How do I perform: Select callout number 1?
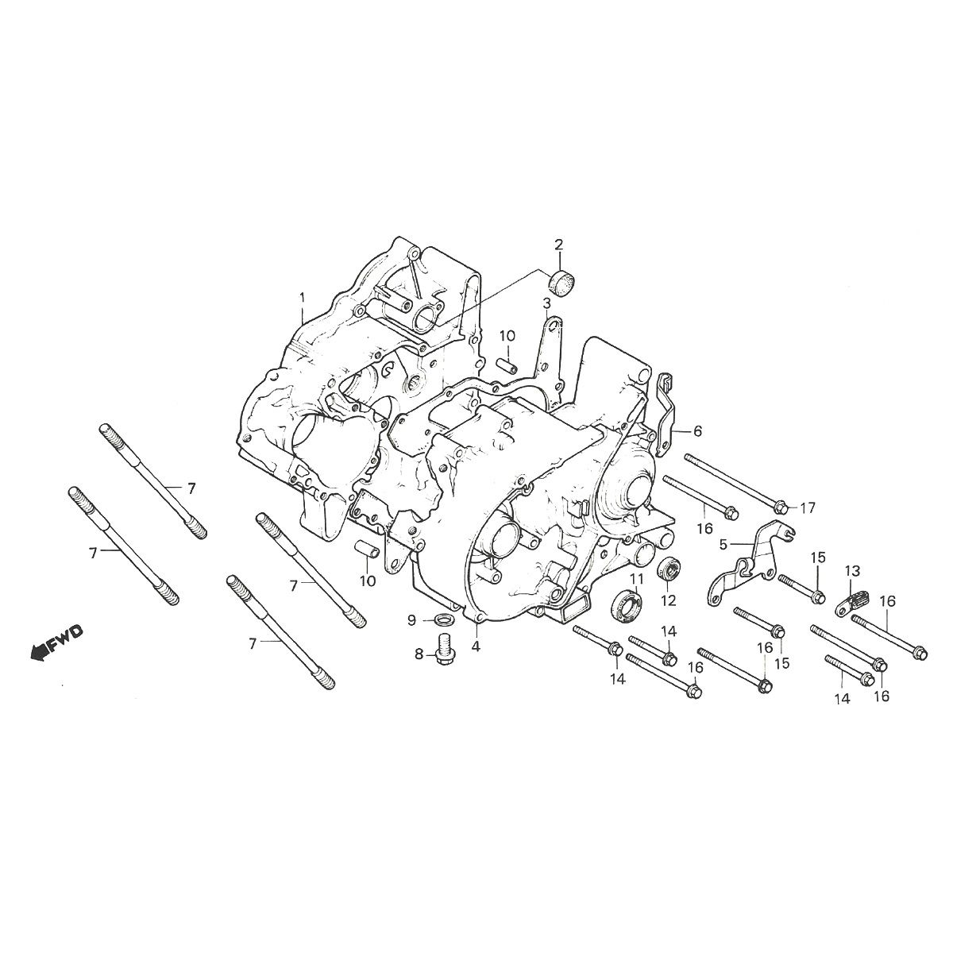(x=302, y=297)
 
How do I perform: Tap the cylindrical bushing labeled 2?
(x=561, y=280)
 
